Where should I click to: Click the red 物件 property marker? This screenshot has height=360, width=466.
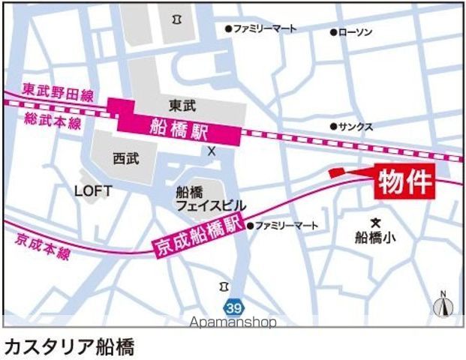point(405,181)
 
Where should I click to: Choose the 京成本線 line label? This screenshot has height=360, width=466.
point(42,247)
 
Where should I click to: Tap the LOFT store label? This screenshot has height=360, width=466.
point(93,191)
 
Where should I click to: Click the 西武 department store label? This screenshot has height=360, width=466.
point(126,159)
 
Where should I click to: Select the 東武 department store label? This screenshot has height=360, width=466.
point(182,105)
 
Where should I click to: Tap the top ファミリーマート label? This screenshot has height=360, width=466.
point(264,28)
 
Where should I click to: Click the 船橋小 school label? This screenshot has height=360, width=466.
point(376,238)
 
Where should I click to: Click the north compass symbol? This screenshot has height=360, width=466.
point(443,304)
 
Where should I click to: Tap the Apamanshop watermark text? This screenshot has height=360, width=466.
point(233,322)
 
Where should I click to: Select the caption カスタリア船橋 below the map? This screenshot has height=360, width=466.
point(69,346)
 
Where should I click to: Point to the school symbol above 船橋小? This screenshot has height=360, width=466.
point(376,222)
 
